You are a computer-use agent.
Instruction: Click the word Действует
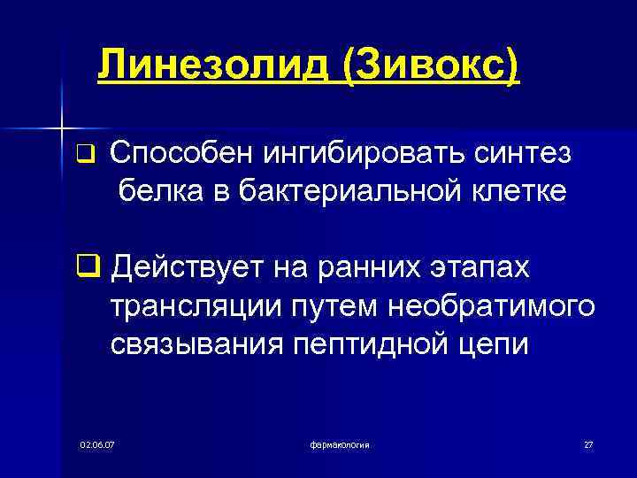[184, 266]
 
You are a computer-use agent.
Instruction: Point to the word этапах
[475, 266]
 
